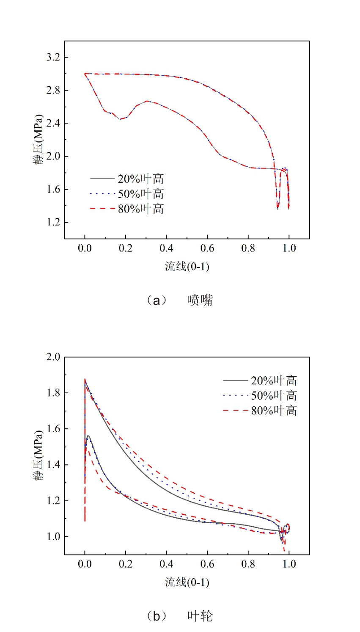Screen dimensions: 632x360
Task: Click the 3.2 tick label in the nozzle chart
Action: (53, 57)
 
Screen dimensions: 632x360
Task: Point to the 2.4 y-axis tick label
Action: (53, 123)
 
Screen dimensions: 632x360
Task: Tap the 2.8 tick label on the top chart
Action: (53, 90)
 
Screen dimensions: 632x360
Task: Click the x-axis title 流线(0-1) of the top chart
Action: (187, 266)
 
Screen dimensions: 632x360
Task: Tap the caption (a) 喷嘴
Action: (179, 300)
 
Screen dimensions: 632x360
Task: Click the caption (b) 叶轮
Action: (179, 616)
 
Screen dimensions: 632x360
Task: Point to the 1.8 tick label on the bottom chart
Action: (53, 393)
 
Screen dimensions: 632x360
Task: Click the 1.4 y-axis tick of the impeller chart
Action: (53, 465)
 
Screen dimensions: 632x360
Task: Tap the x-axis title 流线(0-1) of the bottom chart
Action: (187, 582)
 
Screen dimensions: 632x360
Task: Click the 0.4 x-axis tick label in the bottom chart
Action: (167, 564)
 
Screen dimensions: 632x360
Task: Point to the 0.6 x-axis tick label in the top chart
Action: (207, 248)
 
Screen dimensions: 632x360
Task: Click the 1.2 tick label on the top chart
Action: (53, 222)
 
